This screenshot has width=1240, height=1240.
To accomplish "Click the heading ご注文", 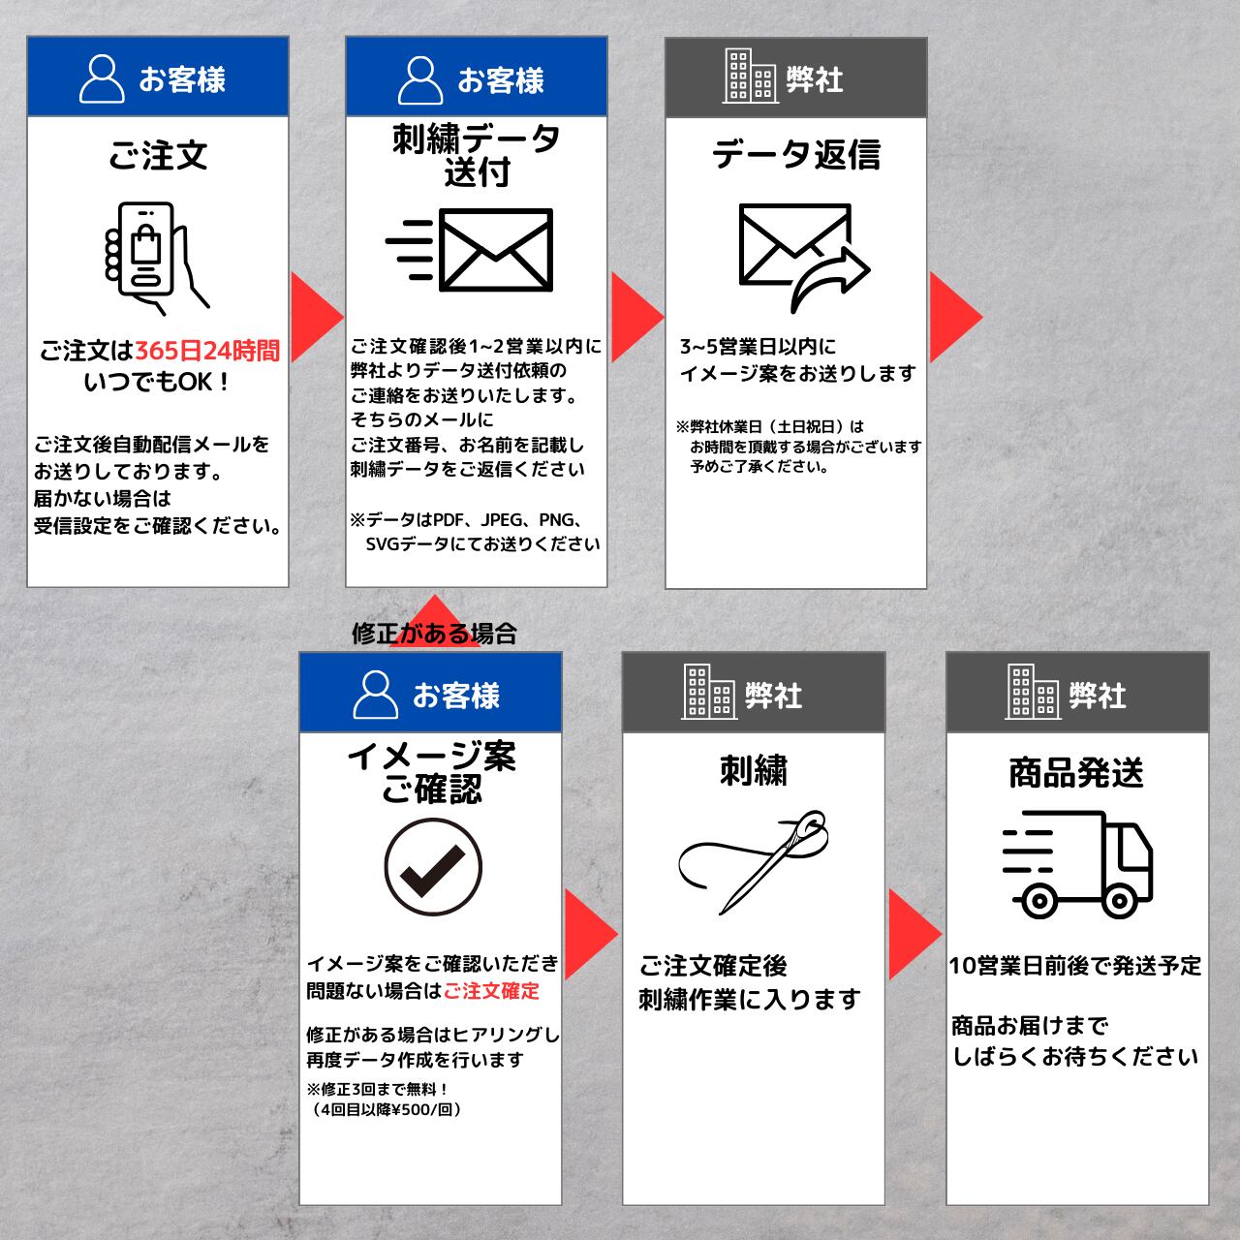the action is [158, 155].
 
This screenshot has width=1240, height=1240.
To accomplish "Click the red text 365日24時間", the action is [206, 351].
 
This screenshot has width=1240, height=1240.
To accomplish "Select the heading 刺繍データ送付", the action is [477, 155].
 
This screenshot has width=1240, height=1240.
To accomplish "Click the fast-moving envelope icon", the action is [472, 250].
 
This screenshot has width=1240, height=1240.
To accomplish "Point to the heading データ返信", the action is [795, 155].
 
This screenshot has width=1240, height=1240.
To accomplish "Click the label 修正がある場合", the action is [434, 634].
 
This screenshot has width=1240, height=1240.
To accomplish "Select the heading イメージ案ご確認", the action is [431, 772].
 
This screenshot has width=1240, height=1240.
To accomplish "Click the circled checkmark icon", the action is [432, 865].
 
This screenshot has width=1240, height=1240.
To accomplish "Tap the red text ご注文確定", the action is [491, 991].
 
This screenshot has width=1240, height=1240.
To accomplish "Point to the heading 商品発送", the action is [1076, 772].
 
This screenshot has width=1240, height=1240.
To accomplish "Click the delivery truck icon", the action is [1077, 864].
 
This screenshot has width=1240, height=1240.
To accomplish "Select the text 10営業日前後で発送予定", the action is [1075, 966].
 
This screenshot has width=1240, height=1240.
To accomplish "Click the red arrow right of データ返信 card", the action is [953, 316].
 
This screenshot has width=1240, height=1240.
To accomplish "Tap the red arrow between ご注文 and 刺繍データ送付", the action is [315, 316].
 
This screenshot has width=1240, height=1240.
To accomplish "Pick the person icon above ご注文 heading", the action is [101, 78].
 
